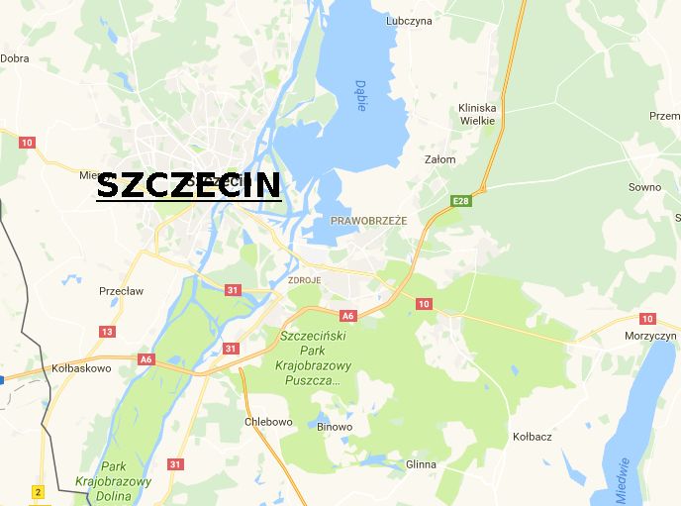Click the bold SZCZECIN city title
point(188,185)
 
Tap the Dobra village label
point(14,58)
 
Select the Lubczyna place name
point(409,20)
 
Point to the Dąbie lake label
point(360,95)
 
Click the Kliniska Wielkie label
point(477,114)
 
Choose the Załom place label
point(439,158)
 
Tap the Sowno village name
point(644,186)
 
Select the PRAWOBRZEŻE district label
point(368,220)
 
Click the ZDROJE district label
point(304,281)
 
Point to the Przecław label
point(121,291)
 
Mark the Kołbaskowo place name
point(81,367)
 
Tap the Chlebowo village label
point(268,422)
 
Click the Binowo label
point(334,427)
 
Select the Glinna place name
point(421,463)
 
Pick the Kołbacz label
point(533,436)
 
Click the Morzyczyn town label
point(650,336)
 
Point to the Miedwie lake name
point(622,478)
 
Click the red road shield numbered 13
point(107,331)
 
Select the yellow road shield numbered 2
point(38,492)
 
